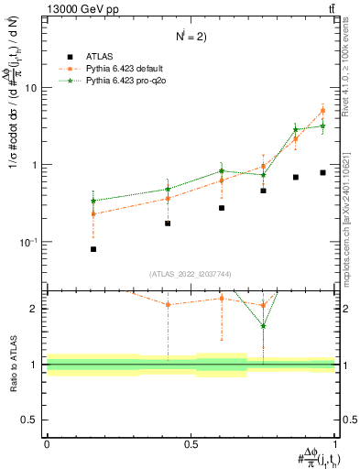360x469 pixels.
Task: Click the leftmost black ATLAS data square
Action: [x=93, y=249]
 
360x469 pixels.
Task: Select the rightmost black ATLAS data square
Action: [x=322, y=172]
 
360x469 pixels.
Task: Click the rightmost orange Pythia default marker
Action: [x=322, y=111]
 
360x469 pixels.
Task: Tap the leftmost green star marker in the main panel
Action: [x=93, y=201]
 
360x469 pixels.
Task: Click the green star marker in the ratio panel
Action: [x=263, y=325]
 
